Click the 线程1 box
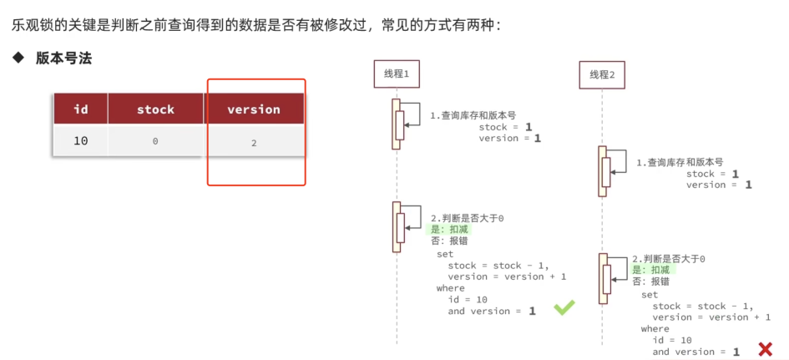[x=397, y=74]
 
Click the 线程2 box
[x=602, y=75]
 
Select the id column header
[x=81, y=109]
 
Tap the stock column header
[x=155, y=109]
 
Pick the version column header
[x=254, y=109]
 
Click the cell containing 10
[x=81, y=141]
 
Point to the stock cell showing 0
[x=155, y=142]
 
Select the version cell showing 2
[x=254, y=143]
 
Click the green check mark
[x=564, y=307]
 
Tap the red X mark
[x=766, y=348]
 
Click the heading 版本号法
[x=63, y=59]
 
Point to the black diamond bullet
[x=18, y=58]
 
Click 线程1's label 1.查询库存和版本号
[x=473, y=116]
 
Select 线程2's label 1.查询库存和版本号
[x=680, y=163]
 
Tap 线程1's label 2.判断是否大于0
[x=468, y=218]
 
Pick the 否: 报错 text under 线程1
[x=449, y=241]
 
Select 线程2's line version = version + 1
[x=711, y=317]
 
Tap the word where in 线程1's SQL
[x=450, y=288]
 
